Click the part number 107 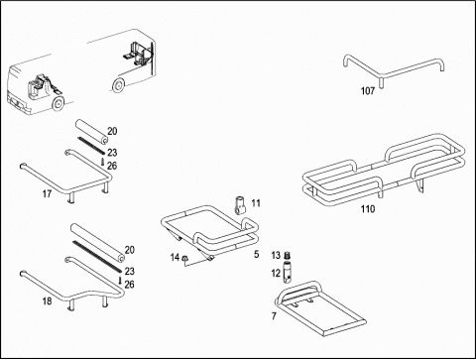(368, 90)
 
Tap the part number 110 (368, 209)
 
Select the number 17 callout (47, 193)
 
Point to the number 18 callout (47, 301)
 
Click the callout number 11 (256, 203)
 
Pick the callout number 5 (257, 254)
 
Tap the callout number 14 (175, 257)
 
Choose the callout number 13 (276, 255)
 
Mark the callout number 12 (276, 273)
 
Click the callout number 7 (274, 316)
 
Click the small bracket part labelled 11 (241, 205)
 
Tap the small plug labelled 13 (287, 256)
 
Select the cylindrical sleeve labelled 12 (287, 273)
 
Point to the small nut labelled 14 (185, 258)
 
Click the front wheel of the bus (58, 104)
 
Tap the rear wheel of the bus (117, 85)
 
